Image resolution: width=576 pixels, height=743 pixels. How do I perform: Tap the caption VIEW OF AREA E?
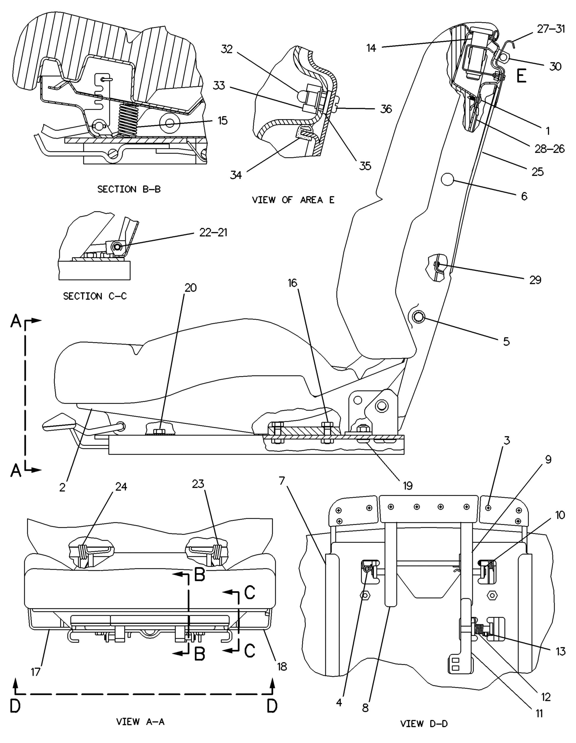pos(293,200)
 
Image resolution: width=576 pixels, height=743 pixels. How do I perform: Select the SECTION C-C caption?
pos(95,296)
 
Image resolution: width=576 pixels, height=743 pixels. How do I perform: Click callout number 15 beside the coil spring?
pos(223,121)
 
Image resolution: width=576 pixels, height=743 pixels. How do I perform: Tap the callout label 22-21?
pos(213,233)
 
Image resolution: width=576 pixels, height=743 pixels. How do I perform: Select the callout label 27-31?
pos(551,29)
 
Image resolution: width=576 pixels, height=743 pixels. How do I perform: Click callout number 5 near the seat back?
pos(506,341)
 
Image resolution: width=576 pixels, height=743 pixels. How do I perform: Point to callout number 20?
pos(191,288)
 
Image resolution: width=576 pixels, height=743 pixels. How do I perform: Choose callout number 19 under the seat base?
pos(407,485)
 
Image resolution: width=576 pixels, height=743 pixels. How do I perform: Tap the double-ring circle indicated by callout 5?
pos(418,317)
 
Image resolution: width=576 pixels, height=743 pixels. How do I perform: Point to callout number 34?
pos(236,175)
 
